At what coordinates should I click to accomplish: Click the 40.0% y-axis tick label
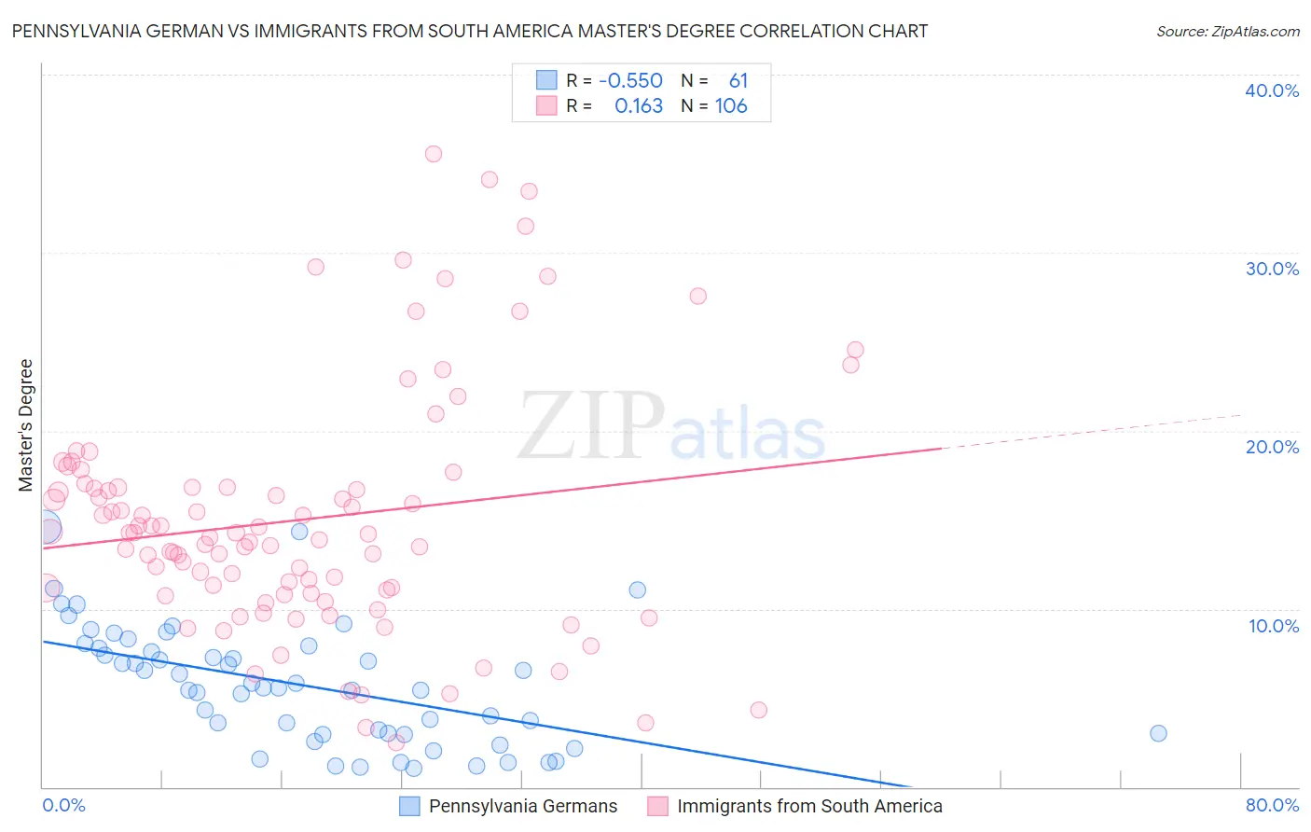point(1272,90)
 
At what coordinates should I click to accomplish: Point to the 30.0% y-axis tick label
point(1272,269)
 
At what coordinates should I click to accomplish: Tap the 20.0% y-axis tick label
point(1272,447)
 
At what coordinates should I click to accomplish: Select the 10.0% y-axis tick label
point(1274,626)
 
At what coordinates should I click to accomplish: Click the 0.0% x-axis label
point(63,805)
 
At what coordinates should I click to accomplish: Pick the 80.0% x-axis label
point(1272,805)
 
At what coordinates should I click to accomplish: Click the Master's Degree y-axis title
point(26,425)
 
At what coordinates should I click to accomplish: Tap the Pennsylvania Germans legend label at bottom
point(522,807)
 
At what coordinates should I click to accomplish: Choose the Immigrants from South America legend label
point(809,807)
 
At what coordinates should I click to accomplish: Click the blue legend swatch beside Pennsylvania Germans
point(409,807)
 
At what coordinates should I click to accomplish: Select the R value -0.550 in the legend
point(630,81)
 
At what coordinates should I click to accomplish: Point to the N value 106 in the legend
point(731,106)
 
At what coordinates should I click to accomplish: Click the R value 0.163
point(639,106)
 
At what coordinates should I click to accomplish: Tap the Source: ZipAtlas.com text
point(1227,32)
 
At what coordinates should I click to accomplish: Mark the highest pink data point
point(434,154)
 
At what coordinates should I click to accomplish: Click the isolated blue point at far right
point(1158,733)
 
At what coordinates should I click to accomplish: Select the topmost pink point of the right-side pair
point(855,350)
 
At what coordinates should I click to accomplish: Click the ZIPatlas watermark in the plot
point(671,427)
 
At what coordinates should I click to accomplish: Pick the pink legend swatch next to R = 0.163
point(546,106)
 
